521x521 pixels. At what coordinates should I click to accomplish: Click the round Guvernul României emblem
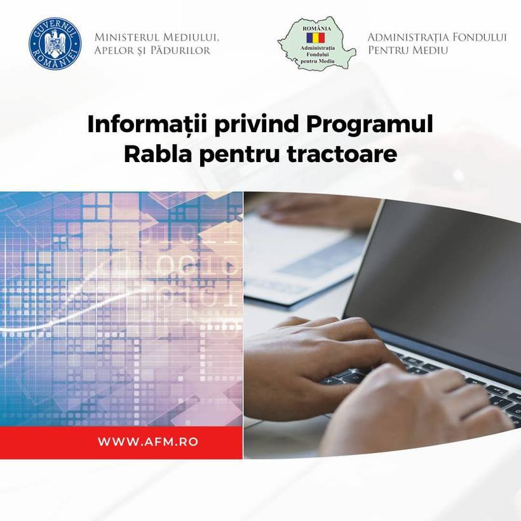pos(55,44)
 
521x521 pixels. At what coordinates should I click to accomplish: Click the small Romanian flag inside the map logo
pos(315,38)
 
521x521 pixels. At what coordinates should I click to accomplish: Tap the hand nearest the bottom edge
pos(407,413)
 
